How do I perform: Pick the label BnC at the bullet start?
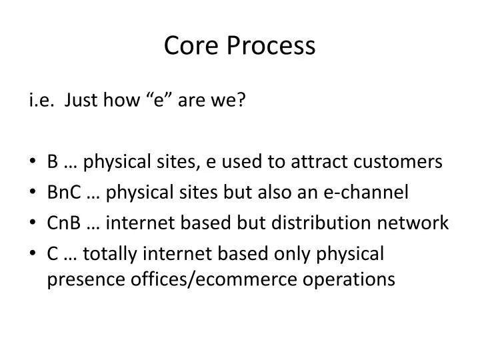[62, 192]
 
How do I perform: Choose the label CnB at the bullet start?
[62, 222]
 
